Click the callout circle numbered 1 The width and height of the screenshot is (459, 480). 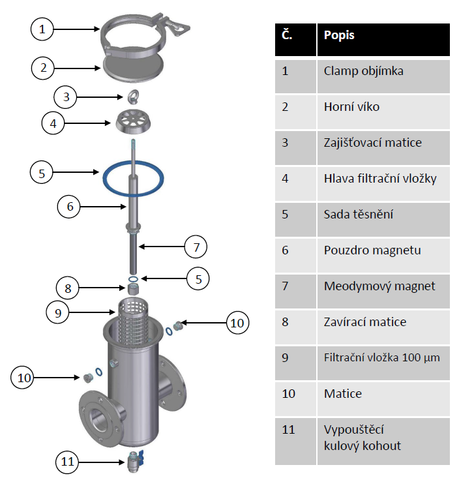tap(42, 29)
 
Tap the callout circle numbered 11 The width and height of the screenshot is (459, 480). tap(67, 462)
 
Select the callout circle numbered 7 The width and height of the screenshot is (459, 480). tap(196, 247)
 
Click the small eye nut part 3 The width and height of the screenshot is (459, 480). tap(133, 97)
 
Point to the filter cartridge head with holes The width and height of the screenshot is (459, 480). tap(133, 121)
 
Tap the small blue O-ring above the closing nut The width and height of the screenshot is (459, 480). tap(133, 279)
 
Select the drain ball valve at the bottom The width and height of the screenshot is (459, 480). tap(134, 461)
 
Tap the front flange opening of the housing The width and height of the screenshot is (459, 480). tap(98, 419)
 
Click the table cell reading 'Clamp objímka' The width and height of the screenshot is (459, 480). tap(383, 76)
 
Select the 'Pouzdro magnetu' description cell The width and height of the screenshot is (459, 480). tap(383, 255)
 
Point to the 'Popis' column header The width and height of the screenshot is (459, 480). tap(383, 40)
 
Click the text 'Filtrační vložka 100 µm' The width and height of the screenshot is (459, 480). tap(382, 357)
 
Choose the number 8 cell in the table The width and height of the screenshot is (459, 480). tap(295, 327)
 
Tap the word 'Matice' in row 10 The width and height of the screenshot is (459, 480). tap(343, 394)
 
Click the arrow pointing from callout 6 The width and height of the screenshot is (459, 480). tap(103, 207)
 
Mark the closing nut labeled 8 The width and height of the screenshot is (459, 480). tap(133, 289)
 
